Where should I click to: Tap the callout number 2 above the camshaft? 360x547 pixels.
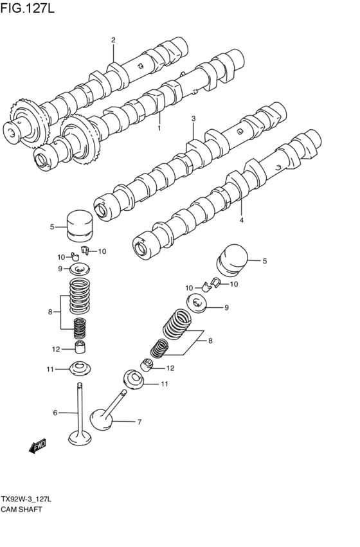[x=113, y=40]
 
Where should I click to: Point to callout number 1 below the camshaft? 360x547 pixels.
[x=159, y=129]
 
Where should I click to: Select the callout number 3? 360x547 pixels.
[x=193, y=119]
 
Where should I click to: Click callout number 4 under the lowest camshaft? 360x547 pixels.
[x=242, y=220]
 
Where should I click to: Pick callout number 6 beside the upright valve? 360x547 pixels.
[x=55, y=413]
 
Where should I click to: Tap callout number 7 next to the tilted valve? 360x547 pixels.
[x=138, y=422]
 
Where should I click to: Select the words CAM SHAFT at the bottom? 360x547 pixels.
[x=21, y=508]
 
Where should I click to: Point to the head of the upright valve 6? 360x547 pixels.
[x=80, y=439]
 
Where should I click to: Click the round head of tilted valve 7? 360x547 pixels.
[x=102, y=420]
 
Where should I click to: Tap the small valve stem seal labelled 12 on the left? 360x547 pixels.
[x=80, y=348]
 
